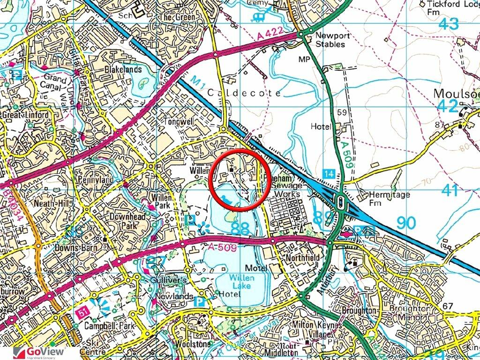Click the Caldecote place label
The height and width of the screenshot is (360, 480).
click(x=244, y=93)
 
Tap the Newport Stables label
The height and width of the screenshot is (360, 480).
click(x=330, y=40)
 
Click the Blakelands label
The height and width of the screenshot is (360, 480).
click(x=123, y=69)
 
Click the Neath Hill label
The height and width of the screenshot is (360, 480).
click(x=49, y=204)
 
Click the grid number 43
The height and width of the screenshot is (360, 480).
click(x=448, y=24)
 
